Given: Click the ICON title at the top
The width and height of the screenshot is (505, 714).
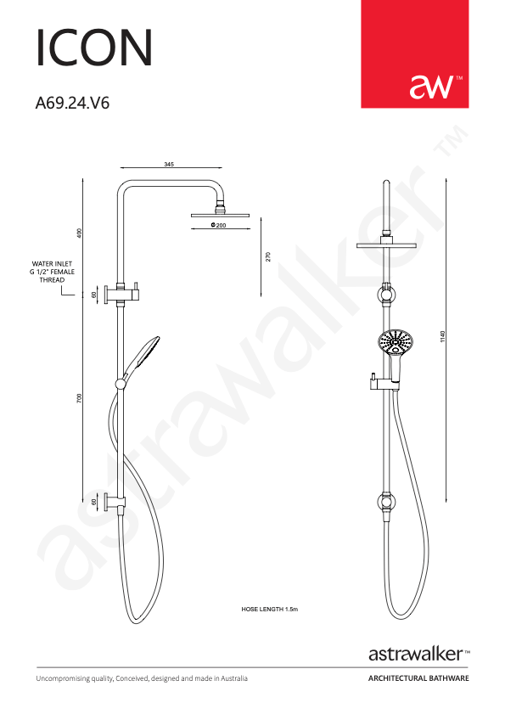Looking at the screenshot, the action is [x=94, y=48].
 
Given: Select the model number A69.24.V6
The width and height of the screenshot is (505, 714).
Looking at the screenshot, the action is [x=72, y=104].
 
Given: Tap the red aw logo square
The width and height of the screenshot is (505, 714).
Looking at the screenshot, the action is [x=414, y=53].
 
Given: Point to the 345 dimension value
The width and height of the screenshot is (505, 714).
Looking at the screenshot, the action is [x=169, y=165].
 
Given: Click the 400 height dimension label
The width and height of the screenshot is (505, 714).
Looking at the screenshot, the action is [x=80, y=233].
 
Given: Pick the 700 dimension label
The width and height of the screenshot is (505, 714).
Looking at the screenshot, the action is [x=80, y=399].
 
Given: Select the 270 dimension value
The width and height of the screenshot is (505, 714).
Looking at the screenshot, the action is [x=268, y=256].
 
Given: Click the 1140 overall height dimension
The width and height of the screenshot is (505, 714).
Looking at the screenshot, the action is [x=443, y=337].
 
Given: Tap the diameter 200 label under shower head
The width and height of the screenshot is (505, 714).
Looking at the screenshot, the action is [x=219, y=225].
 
